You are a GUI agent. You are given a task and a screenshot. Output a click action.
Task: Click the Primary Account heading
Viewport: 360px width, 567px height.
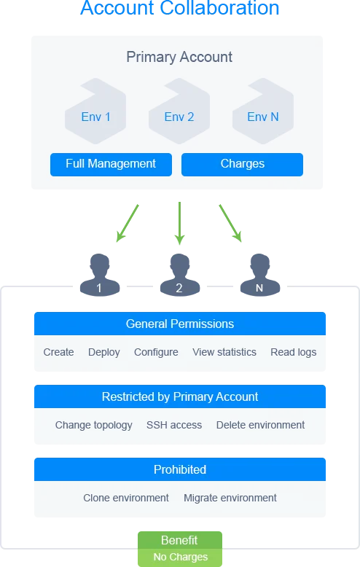179,57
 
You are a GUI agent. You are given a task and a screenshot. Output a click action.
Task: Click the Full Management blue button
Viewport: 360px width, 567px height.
111,164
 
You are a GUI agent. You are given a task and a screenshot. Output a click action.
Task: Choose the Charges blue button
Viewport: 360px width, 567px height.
242,164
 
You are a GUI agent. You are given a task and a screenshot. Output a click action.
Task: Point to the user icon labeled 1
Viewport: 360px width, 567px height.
99,275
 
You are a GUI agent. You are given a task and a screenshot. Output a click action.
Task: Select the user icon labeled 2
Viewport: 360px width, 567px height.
179,275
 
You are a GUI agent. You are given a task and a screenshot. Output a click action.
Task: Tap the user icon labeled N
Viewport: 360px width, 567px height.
259,275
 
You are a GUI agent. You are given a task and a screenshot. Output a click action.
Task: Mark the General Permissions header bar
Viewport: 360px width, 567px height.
179,324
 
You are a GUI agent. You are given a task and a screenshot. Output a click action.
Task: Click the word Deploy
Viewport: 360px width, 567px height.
104,352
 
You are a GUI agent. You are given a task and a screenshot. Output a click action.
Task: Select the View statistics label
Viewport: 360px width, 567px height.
224,352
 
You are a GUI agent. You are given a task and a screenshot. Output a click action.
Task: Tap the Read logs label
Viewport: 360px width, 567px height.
294,352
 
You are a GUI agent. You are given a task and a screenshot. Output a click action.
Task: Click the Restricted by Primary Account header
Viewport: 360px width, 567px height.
179,396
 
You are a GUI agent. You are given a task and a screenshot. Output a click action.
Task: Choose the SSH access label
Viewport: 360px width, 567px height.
174,425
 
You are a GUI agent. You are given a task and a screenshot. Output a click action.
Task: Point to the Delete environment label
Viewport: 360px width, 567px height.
260,425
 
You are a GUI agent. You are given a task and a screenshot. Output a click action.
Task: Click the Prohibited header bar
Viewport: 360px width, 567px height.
179,469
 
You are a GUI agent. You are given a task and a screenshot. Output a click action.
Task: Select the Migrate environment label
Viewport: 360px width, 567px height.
230,498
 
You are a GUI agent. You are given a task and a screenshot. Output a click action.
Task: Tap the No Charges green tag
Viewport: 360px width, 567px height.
180,558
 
